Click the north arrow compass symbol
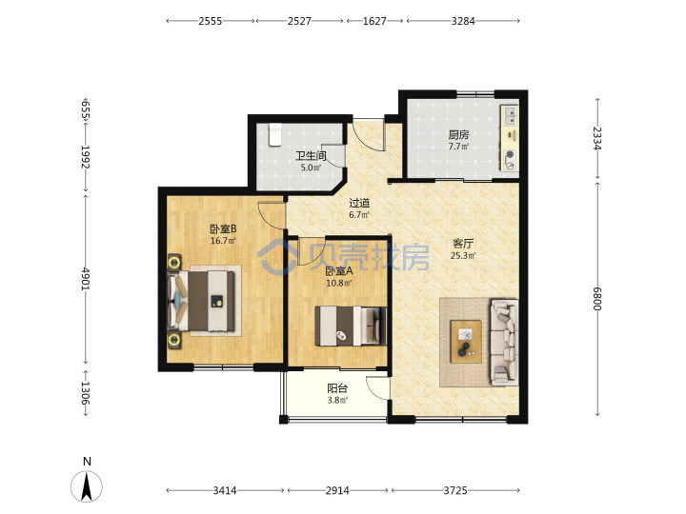point(87,486)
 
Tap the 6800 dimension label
point(597,299)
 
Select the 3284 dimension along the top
point(463,21)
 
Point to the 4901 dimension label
point(86,279)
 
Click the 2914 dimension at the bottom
point(337,490)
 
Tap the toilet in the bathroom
point(274,134)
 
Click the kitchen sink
point(509,116)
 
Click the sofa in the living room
point(504,343)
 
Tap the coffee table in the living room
point(466,342)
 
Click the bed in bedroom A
point(351,326)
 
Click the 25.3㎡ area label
point(463,255)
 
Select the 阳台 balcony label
point(337,388)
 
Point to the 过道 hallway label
point(359,203)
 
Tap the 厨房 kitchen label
point(458,135)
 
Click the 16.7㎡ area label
point(223,241)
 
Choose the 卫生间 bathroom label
point(311,155)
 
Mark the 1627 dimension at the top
point(374,21)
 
